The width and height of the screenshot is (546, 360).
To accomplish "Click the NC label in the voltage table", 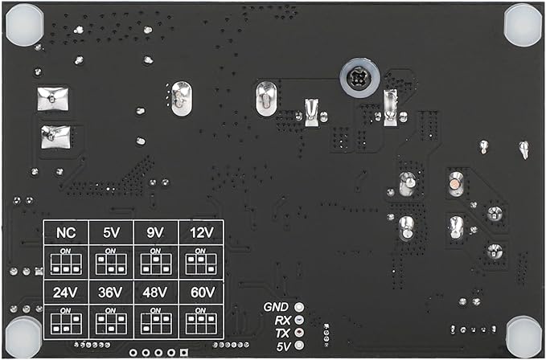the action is coord(66,233).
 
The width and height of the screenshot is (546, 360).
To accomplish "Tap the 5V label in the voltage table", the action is coord(111,233).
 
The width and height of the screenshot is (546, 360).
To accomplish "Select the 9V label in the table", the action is coord(155,233).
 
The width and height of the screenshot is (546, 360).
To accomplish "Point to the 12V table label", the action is coord(202,233).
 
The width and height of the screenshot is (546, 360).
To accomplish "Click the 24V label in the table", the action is coord(65,292).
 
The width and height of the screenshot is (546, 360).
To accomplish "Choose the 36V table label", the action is coord(110,292).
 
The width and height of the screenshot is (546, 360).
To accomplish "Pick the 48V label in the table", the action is coord(155,292).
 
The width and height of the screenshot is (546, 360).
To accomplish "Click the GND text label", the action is coord(276,307).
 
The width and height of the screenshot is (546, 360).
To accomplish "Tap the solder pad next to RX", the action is coord(299,320).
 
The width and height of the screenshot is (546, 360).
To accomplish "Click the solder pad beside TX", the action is coord(299,333).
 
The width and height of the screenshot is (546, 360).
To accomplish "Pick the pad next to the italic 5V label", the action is coord(299,346).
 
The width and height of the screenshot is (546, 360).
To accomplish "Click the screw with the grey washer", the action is coord(359,79).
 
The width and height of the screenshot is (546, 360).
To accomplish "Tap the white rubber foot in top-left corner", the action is coord(25,24).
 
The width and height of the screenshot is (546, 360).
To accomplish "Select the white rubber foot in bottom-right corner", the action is coord(524,337).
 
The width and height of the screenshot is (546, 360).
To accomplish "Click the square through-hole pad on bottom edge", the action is coord(183,353).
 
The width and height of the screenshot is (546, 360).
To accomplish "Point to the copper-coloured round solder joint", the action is coord(455,183).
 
